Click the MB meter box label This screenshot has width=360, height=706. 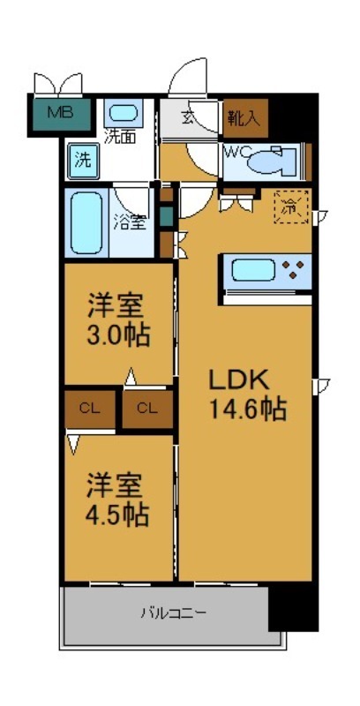[x=59, y=112]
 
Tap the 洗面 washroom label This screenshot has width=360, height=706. [x=121, y=136]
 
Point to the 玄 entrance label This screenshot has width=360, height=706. [x=188, y=116]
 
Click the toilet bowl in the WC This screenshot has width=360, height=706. [x=268, y=161]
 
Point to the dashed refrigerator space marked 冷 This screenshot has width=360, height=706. [x=290, y=208]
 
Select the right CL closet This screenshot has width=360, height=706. [x=146, y=408]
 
